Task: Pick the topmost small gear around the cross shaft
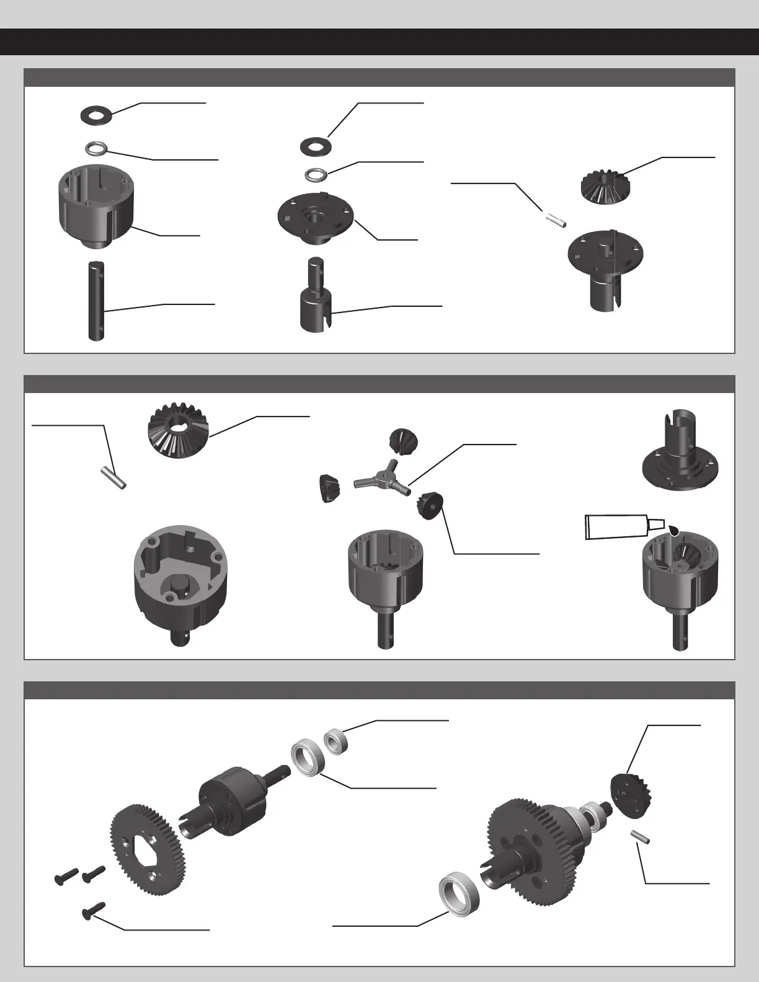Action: (x=401, y=441)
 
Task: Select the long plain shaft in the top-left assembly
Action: (x=95, y=301)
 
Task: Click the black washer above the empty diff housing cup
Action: (x=96, y=115)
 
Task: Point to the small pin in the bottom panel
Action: (x=639, y=837)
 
